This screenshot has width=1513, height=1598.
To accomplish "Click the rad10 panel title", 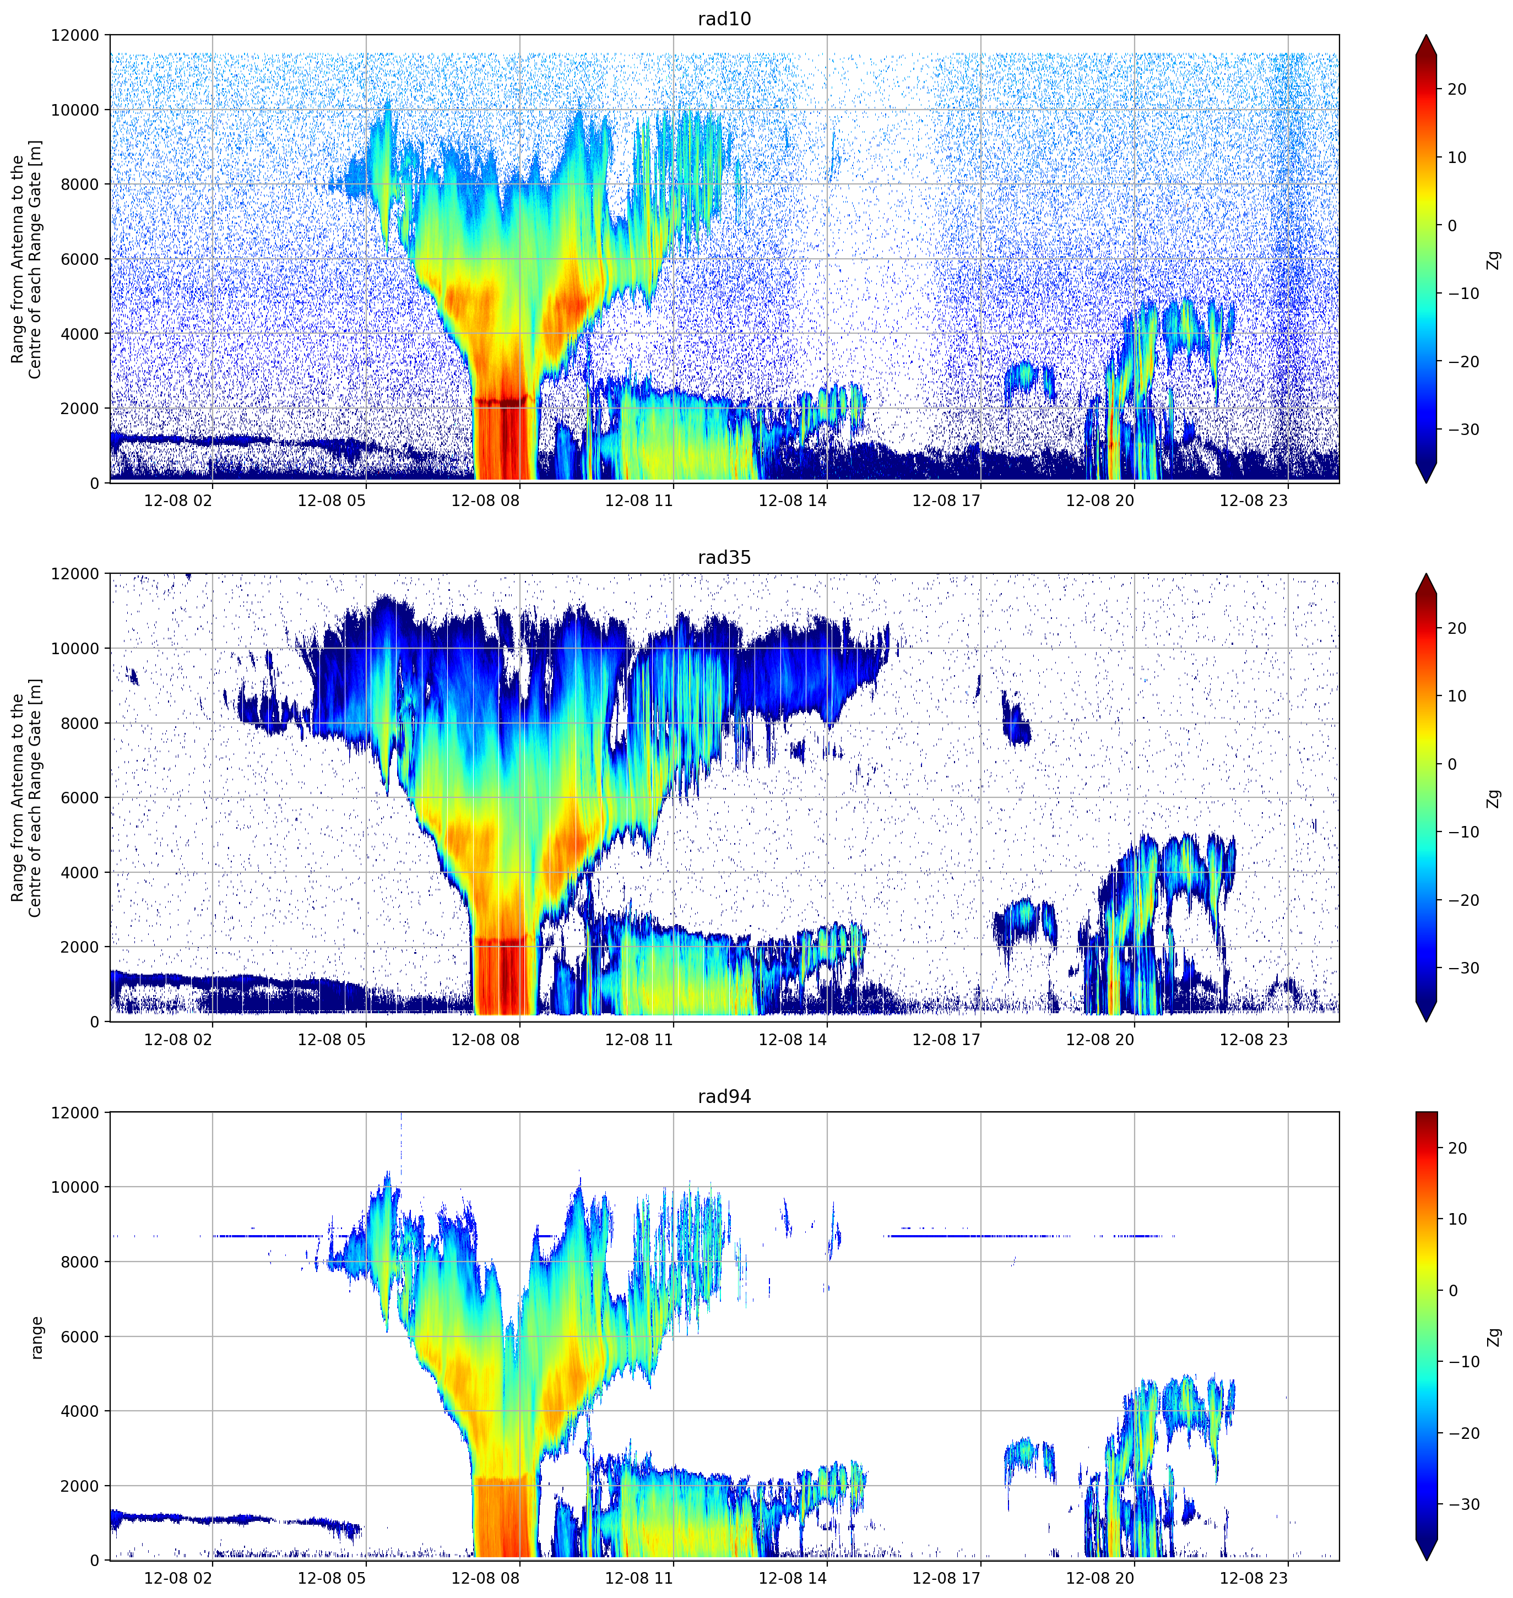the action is click(724, 19).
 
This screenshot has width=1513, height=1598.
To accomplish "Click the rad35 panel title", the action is click(724, 557).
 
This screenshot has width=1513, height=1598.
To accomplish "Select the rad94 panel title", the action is click(724, 1096).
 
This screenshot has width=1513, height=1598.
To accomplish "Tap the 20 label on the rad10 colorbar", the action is click(1456, 90).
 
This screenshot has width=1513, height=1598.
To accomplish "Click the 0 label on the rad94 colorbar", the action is click(1452, 1290).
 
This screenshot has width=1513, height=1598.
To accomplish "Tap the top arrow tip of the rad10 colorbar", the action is click(1426, 35).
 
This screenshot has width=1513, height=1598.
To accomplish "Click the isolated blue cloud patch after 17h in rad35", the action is click(1016, 719).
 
